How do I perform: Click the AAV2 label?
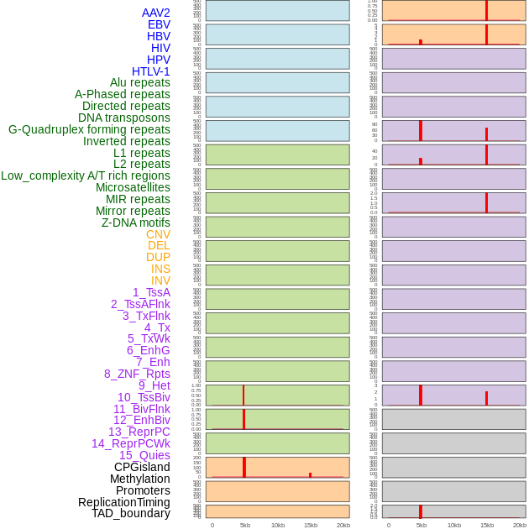(155, 13)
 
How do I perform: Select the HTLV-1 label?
(150, 71)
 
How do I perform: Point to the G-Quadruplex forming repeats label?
(89, 129)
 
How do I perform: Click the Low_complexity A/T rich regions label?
(86, 175)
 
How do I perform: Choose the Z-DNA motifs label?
(135, 223)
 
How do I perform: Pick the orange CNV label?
(158, 234)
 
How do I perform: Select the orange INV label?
(160, 280)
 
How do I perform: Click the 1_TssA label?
(151, 292)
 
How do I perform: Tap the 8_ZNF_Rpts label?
(137, 374)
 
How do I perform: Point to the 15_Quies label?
(144, 455)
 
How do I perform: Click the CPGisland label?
(142, 467)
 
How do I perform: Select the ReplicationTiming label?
(123, 502)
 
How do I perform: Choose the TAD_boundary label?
(130, 513)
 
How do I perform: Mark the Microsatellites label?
(133, 187)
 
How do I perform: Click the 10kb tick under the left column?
(278, 525)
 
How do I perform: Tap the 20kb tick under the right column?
(519, 525)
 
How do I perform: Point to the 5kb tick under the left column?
(245, 525)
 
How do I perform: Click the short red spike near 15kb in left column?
(310, 474)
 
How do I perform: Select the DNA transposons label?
(124, 118)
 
